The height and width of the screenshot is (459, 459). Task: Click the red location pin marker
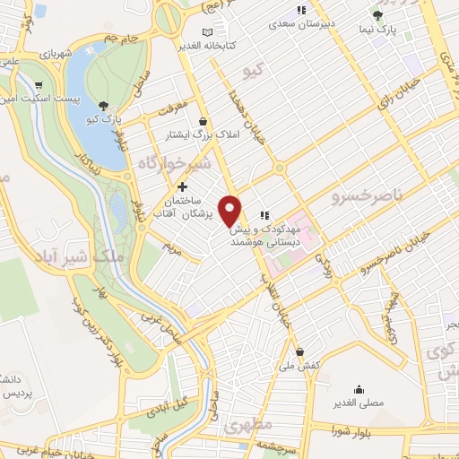point(231,210)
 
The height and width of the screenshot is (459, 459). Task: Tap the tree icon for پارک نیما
point(377,15)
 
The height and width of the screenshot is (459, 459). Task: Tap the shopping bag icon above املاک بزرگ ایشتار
point(204,121)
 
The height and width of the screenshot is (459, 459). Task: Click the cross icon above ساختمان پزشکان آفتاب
point(183,187)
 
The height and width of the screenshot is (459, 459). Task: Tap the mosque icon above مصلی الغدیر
point(359,389)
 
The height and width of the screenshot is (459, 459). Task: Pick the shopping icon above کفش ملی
point(299,351)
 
